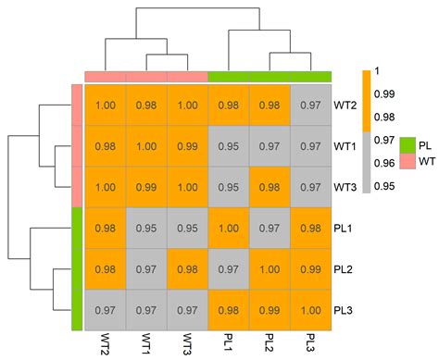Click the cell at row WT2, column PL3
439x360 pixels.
pyautogui.click(x=310, y=106)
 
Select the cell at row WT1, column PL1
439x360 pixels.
pyautogui.click(x=228, y=146)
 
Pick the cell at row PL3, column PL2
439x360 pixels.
pyautogui.click(x=269, y=310)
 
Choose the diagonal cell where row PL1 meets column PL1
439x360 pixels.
pyautogui.click(x=228, y=229)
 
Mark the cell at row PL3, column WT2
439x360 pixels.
pyautogui.click(x=105, y=310)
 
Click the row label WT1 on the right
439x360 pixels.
pyautogui.click(x=345, y=146)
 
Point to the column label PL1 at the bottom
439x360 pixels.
pyautogui.click(x=228, y=344)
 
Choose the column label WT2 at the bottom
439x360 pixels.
pyautogui.click(x=105, y=345)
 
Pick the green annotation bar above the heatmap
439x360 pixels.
pyautogui.click(x=270, y=77)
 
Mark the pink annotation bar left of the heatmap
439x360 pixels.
pyautogui.click(x=77, y=146)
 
